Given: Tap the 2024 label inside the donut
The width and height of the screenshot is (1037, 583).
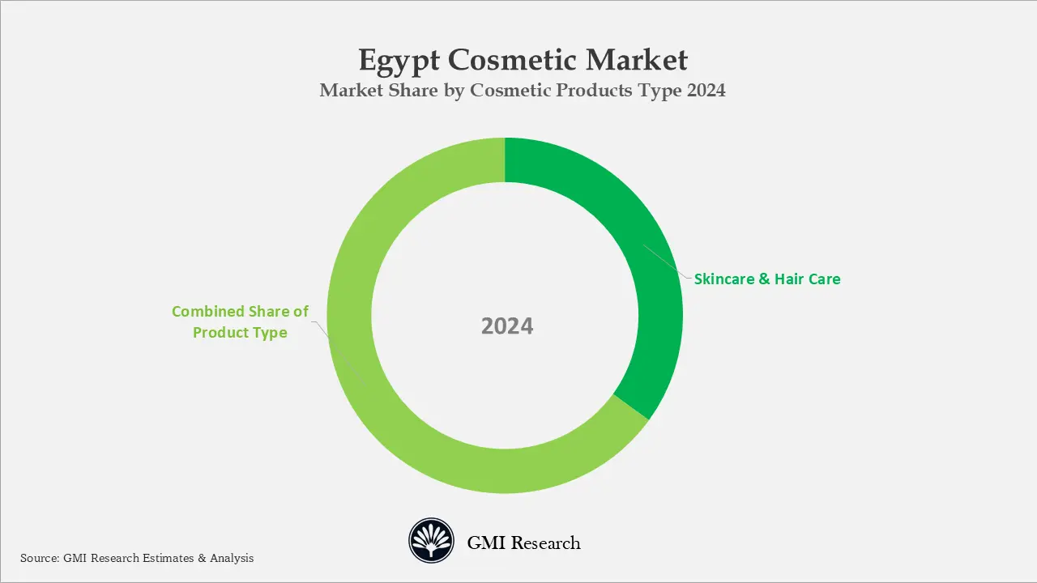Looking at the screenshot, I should click(x=507, y=326).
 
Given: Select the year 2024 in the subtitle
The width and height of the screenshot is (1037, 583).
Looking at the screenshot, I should click(x=706, y=91).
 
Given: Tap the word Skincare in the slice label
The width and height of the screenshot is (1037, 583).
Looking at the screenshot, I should click(x=724, y=279).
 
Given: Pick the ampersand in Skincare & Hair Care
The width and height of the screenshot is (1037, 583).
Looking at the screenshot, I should click(x=764, y=279).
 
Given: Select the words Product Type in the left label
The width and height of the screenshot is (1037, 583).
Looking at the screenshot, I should click(x=240, y=333).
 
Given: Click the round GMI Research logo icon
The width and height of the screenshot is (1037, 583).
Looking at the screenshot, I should click(x=430, y=540).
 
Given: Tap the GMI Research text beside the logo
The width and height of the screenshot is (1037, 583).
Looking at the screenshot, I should click(x=523, y=543).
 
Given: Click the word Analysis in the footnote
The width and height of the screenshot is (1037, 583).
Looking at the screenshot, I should click(x=231, y=558).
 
